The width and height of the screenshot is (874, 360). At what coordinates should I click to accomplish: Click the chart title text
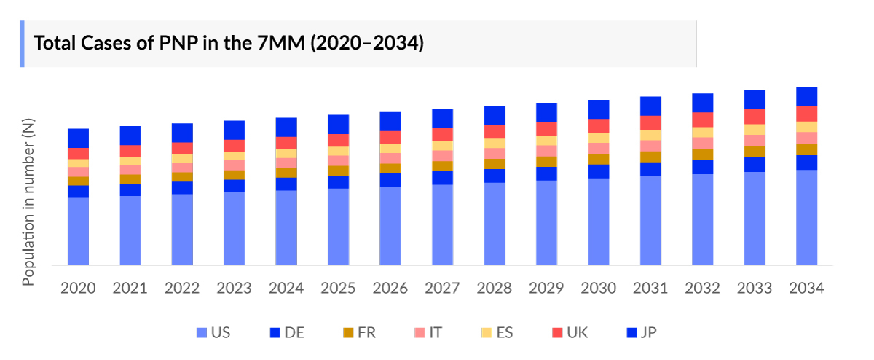click(x=229, y=43)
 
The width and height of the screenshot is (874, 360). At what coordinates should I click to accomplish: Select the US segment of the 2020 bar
click(x=79, y=231)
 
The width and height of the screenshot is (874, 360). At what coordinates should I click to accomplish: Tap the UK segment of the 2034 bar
click(x=806, y=114)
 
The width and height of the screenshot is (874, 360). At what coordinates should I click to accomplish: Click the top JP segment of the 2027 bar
click(x=443, y=119)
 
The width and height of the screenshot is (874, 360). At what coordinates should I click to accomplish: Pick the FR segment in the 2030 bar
click(x=599, y=159)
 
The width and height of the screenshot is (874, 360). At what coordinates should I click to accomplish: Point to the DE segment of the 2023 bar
click(x=235, y=186)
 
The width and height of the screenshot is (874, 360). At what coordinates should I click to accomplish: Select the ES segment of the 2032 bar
click(x=703, y=132)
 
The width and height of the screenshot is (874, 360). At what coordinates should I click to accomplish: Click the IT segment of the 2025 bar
click(x=339, y=160)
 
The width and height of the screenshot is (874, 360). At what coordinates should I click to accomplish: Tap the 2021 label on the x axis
click(x=130, y=288)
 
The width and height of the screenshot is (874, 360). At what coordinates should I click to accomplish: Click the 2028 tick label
click(x=495, y=288)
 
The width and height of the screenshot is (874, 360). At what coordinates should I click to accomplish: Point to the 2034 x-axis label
click(x=806, y=288)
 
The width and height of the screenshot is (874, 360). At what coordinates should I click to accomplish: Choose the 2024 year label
click(x=286, y=288)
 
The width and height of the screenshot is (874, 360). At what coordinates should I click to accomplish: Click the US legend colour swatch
click(x=202, y=333)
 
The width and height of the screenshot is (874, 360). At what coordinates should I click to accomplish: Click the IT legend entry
click(x=428, y=333)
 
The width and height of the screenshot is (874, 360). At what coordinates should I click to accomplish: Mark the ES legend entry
click(x=496, y=333)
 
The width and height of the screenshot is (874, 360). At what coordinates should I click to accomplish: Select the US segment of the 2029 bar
click(x=546, y=222)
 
